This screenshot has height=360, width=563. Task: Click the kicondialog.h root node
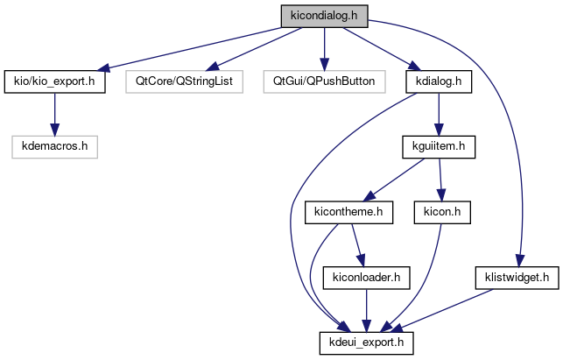tap(324, 16)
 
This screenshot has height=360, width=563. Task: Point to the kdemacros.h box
tap(54, 146)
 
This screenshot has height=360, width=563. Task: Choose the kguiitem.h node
tap(438, 146)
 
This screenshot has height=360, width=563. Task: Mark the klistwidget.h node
tap(516, 277)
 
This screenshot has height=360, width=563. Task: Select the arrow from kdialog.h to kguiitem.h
tap(438, 114)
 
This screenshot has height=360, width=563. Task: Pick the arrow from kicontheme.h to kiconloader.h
tap(357, 244)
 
